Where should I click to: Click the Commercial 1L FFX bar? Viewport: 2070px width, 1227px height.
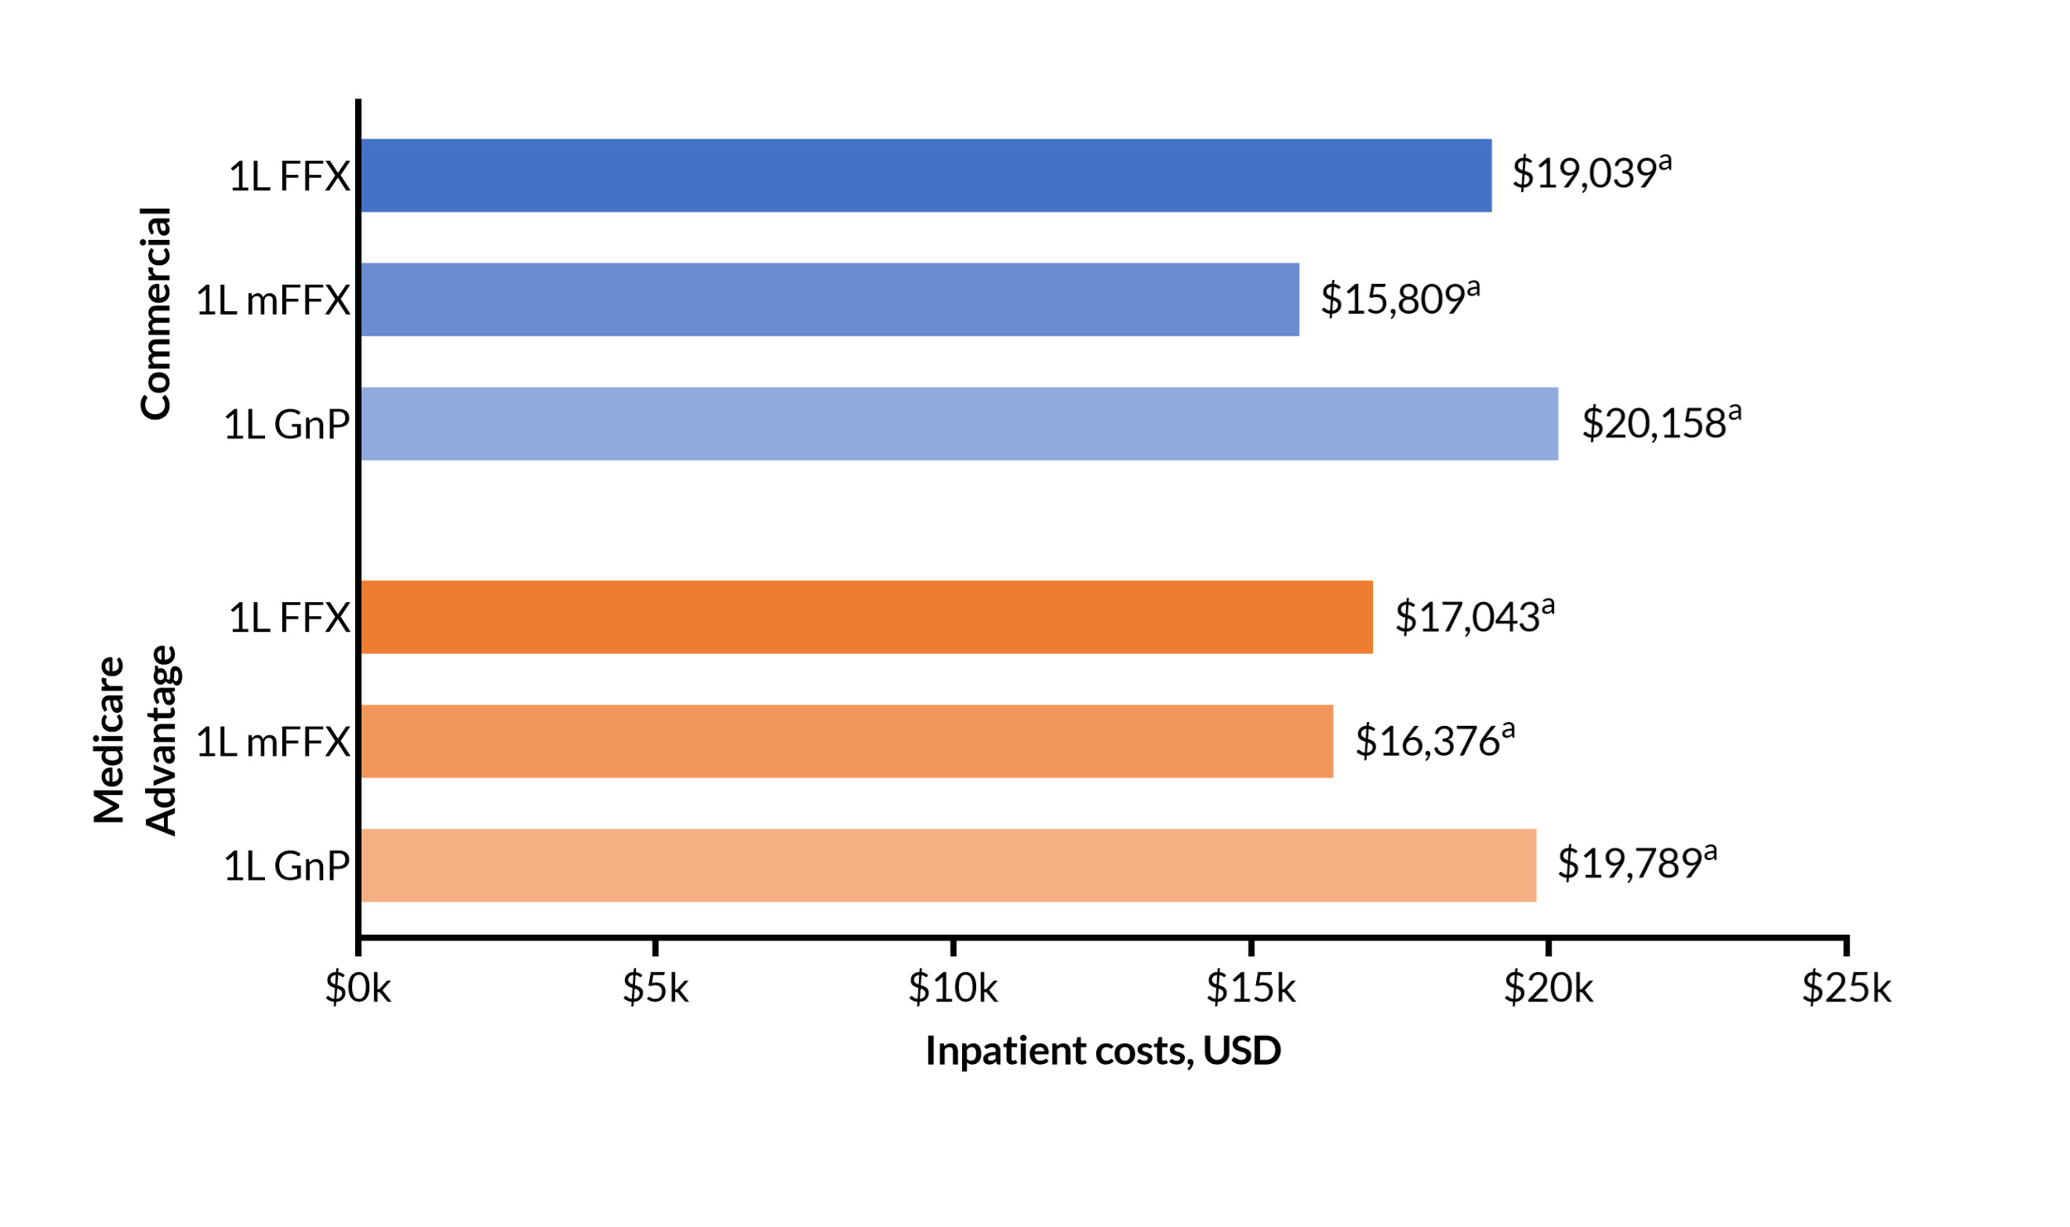[925, 176]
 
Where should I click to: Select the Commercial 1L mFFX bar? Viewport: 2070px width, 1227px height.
[829, 300]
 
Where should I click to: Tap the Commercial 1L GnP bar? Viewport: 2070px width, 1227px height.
[959, 424]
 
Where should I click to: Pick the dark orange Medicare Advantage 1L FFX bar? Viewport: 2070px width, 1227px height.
[866, 618]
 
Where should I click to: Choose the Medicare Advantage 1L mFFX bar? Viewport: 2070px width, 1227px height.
[846, 742]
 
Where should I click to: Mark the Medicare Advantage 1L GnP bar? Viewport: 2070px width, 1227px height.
[948, 866]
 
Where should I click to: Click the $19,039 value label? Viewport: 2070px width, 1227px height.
[1590, 174]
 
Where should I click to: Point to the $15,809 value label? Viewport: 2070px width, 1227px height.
[1398, 299]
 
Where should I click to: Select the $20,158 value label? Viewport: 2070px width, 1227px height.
[1660, 423]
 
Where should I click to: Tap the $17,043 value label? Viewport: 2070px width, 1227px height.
[1473, 617]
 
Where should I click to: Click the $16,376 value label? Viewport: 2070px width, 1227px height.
[1433, 741]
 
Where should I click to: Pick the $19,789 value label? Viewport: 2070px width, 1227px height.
[1635, 864]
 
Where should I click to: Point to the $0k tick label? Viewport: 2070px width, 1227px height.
[358, 989]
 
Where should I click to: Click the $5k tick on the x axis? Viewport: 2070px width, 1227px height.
[655, 989]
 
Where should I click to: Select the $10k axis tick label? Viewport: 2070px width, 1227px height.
[952, 989]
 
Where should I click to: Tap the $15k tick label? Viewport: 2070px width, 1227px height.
[1250, 989]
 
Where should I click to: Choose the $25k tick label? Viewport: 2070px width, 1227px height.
[1846, 989]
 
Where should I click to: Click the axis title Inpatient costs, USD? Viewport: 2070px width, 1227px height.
[1103, 1051]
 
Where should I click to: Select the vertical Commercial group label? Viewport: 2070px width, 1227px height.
[155, 314]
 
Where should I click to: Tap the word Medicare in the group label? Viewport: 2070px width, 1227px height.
[109, 741]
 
